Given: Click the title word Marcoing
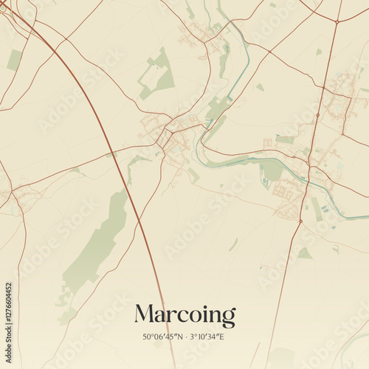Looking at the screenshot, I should point(184,316).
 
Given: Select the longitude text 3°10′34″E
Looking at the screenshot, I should point(207,337).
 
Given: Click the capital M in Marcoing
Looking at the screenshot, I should point(145,314).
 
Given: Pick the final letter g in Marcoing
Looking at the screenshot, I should point(228,318).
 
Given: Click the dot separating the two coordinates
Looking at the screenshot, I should point(185,337).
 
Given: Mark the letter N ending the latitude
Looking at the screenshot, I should point(180,337).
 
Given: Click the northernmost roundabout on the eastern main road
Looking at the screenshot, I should point(337,21).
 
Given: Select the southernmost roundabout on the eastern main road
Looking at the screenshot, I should point(301,220).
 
